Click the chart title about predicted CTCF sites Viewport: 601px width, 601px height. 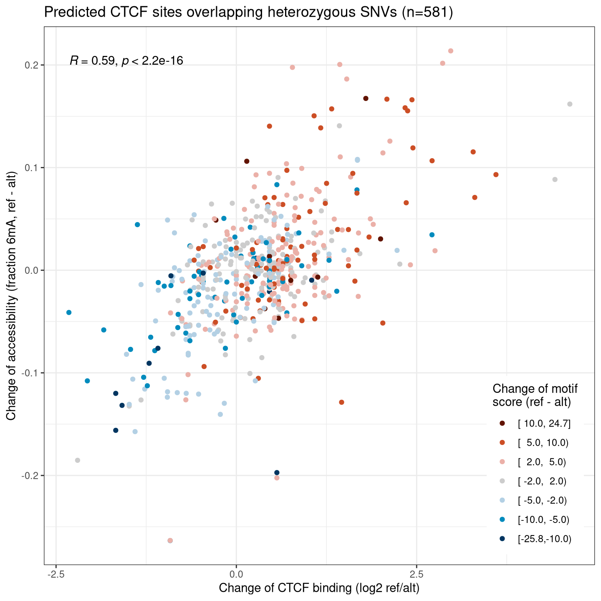tap(248, 13)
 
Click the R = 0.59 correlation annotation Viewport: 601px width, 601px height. tap(126, 61)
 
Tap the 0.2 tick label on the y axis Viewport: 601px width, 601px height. tap(31, 65)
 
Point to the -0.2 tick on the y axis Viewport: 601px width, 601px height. tap(29, 476)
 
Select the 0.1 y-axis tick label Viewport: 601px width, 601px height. tap(31, 168)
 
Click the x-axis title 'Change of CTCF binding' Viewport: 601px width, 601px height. tap(319, 588)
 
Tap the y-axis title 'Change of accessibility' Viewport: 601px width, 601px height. tap(11, 295)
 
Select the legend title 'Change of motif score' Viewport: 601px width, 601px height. tap(535, 395)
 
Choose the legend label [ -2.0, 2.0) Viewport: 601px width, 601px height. tap(542, 481)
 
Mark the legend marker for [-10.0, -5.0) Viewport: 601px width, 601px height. tap(502, 520)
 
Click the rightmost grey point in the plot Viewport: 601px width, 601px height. tap(570, 104)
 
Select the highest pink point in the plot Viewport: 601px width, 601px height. tap(451, 51)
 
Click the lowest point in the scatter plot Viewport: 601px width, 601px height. tap(170, 540)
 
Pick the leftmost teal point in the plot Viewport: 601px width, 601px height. tap(69, 313)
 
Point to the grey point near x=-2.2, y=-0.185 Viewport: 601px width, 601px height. tap(78, 460)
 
